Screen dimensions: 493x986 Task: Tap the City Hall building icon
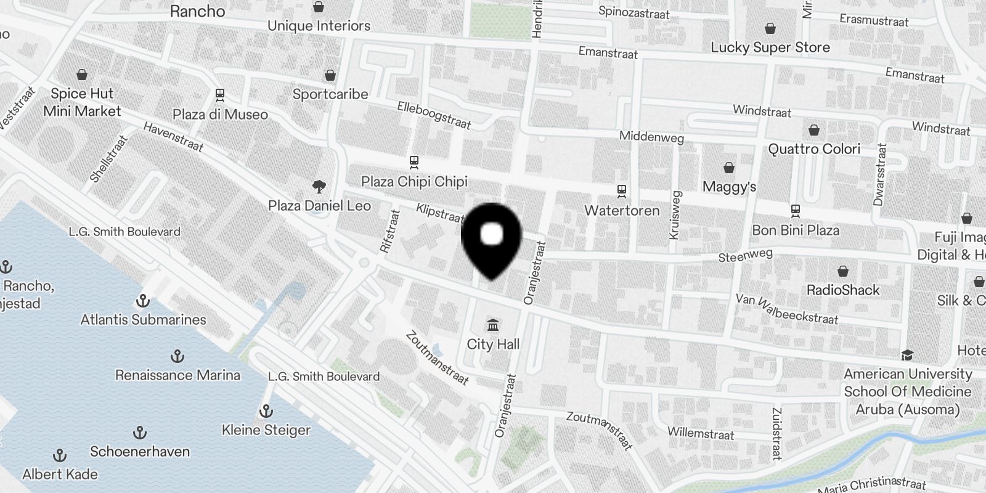click(493, 325)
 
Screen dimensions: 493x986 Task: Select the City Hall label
click(493, 344)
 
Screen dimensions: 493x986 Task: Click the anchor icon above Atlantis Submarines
click(143, 301)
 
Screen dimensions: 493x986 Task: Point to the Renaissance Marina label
click(177, 375)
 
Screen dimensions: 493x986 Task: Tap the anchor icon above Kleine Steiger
click(266, 411)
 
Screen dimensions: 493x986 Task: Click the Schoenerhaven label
click(140, 452)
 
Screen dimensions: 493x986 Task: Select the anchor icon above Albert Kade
click(60, 455)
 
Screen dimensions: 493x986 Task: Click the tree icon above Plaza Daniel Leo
click(319, 186)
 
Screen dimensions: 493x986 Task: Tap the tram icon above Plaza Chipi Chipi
click(414, 163)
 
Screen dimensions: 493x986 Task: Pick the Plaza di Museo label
click(220, 115)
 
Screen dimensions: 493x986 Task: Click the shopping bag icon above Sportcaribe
click(330, 75)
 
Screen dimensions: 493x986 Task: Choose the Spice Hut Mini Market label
click(82, 102)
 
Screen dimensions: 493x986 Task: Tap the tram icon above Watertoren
click(622, 192)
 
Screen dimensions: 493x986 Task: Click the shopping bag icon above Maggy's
click(729, 168)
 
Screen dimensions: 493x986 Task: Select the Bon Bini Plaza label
click(796, 230)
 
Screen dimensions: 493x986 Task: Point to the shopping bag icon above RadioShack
click(843, 271)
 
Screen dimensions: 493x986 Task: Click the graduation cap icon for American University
click(907, 355)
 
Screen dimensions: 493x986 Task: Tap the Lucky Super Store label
click(770, 47)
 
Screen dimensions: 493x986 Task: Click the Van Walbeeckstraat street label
click(786, 309)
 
